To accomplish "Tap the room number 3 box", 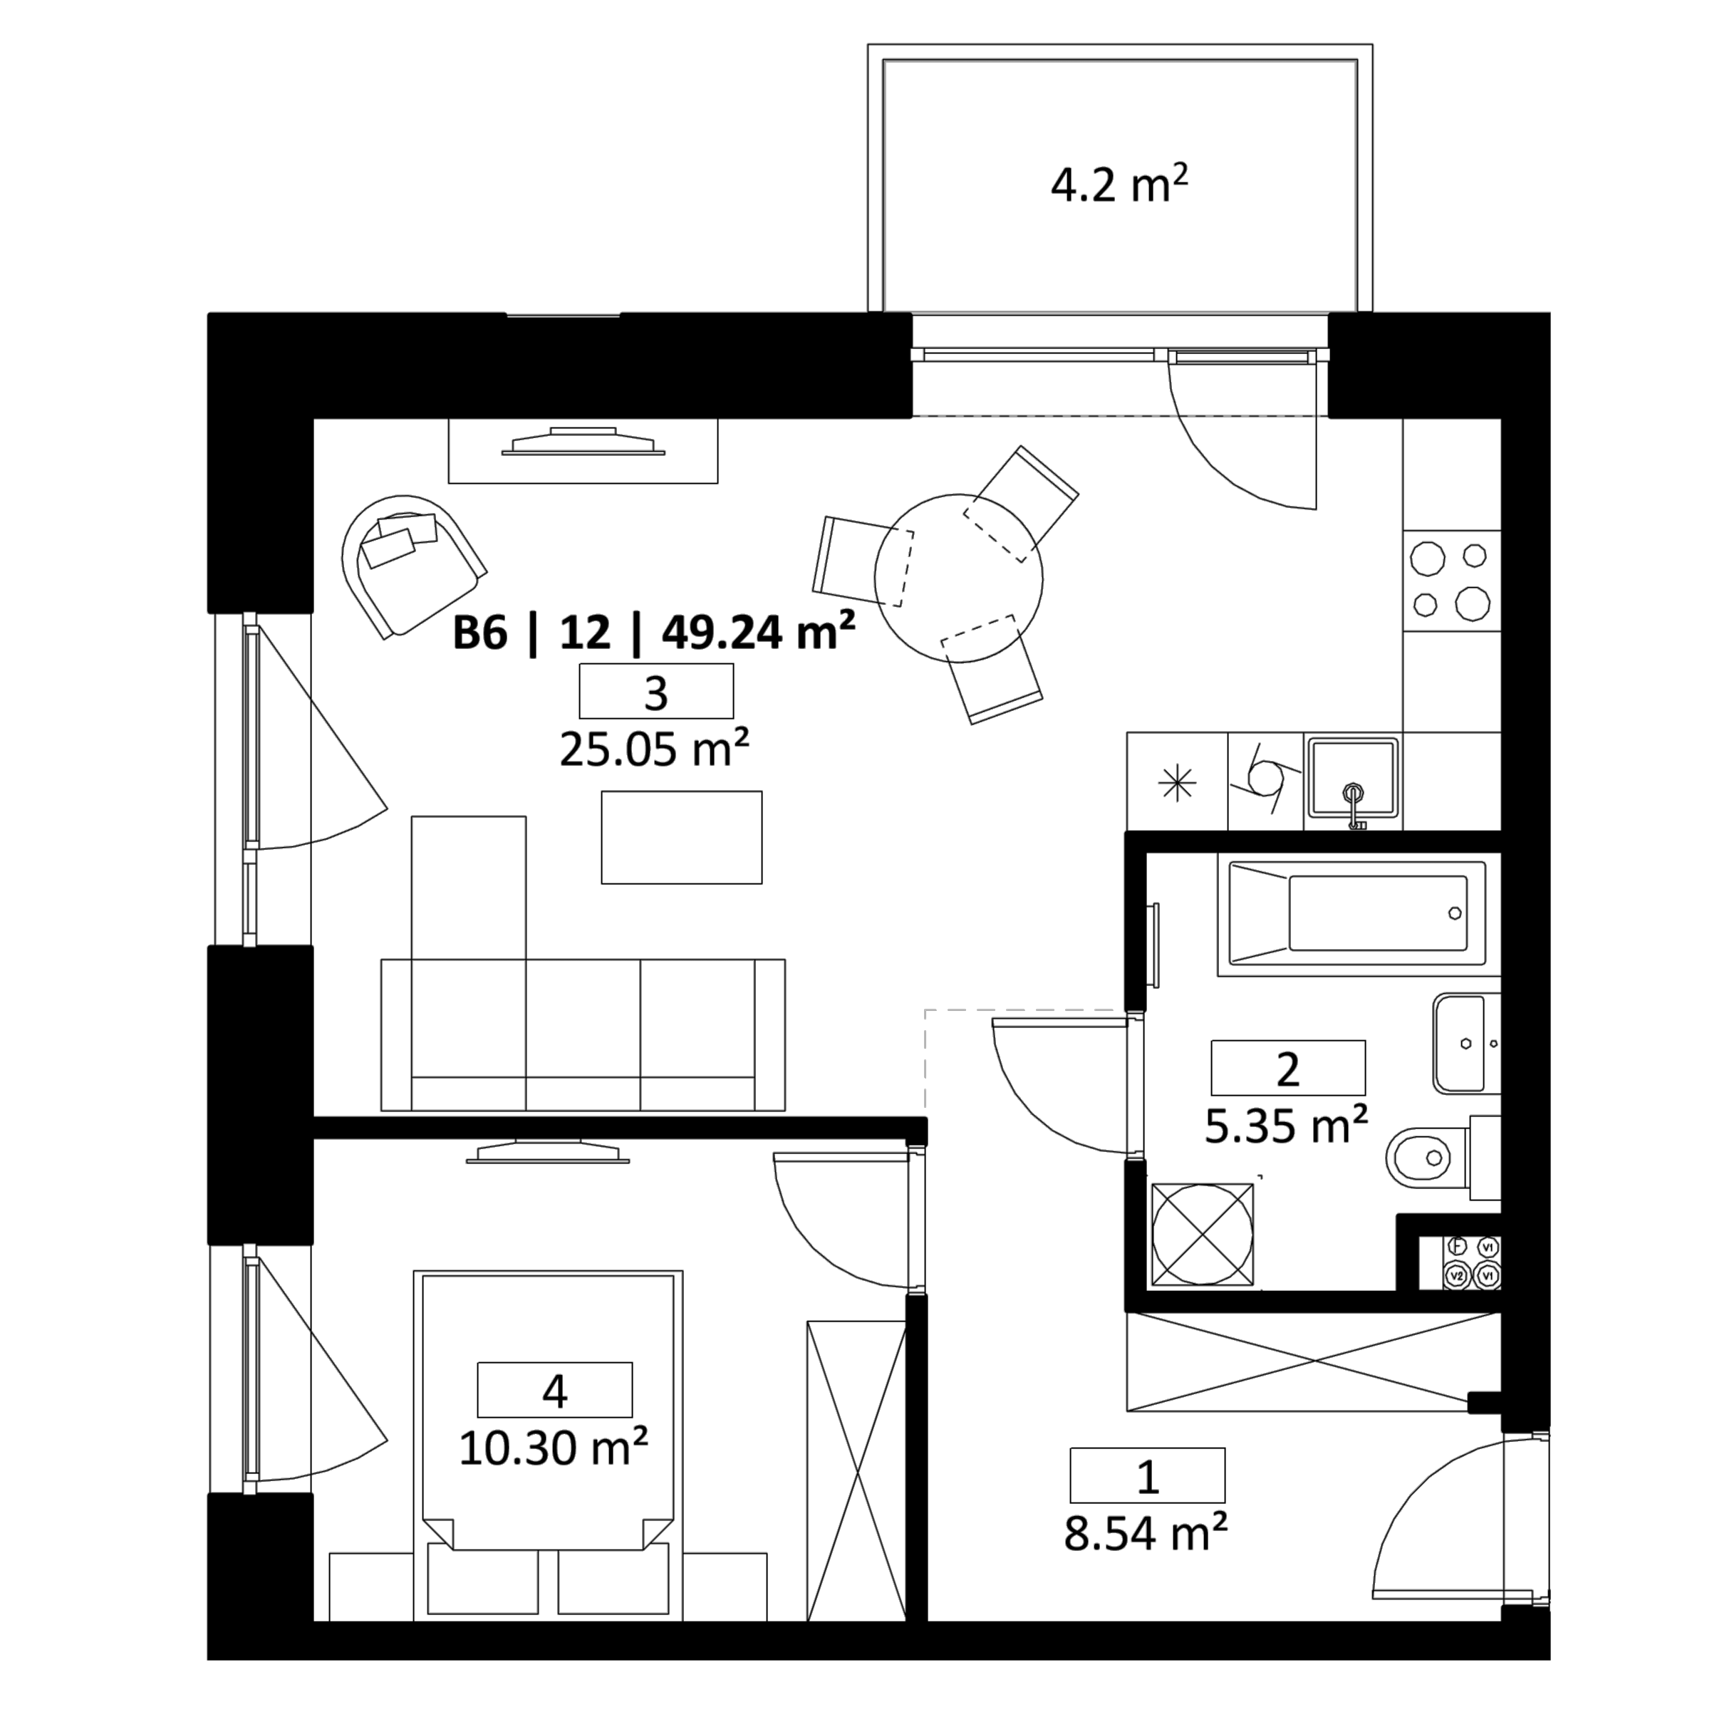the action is click(655, 691).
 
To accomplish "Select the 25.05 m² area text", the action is click(654, 749).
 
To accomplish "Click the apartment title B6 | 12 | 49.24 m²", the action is click(654, 633).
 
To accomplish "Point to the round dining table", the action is click(958, 578).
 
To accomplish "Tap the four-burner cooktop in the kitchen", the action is click(1451, 581).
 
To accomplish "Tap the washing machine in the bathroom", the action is click(1203, 1235).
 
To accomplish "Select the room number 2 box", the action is click(1287, 1068).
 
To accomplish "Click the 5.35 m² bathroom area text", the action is click(1287, 1126).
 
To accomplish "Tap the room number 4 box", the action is click(555, 1389).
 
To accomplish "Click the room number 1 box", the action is click(1148, 1475).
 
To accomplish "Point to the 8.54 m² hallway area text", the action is click(1146, 1533).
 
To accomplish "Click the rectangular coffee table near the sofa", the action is click(681, 837).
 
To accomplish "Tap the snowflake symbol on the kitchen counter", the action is click(1177, 782).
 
